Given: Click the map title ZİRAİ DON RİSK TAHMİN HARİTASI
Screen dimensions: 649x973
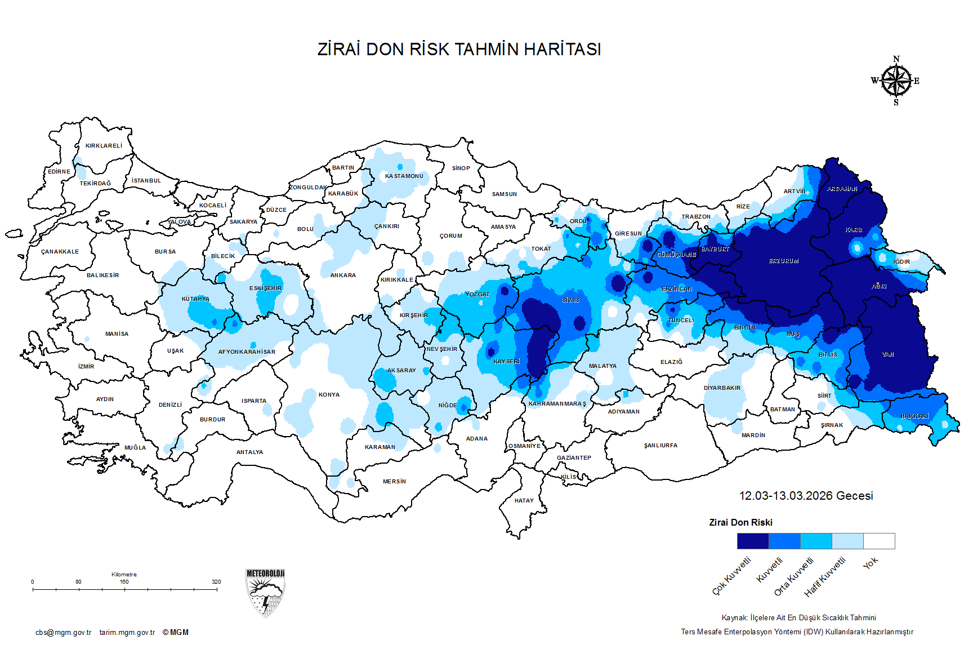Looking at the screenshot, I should pos(459,50).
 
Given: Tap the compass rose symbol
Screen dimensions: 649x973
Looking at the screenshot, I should pos(896,81).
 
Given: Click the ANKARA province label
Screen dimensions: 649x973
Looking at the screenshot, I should pos(343,275).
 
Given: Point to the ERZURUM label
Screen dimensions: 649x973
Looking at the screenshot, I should pos(784,261).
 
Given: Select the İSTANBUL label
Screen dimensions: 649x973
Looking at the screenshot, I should pos(146,181).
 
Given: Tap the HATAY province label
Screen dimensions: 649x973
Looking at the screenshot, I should pos(524,500).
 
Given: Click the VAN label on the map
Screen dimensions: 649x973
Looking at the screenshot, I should pos(888,355).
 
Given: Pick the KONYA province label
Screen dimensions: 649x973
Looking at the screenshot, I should pos(329,395).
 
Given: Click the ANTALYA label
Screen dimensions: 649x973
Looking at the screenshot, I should pos(249,452).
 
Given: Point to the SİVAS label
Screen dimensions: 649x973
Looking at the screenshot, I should pos(570,300).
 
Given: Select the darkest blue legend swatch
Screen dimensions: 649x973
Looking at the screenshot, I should pos(753,541).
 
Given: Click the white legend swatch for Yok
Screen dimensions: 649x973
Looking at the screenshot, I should pos(879,541).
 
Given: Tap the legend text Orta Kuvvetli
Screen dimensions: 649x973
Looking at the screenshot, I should pos(793,576).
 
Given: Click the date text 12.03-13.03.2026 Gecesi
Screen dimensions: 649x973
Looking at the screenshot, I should pos(806,496).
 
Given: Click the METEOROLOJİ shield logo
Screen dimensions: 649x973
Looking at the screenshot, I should pos(265,593).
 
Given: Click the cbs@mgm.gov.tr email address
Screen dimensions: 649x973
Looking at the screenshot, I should pos(63,633).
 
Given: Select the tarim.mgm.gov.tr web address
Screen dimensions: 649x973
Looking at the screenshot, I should pos(127,633).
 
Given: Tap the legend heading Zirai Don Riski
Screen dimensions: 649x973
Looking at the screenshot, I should pos(740,523).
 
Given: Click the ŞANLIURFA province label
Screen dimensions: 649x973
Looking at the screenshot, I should pos(660,446).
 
